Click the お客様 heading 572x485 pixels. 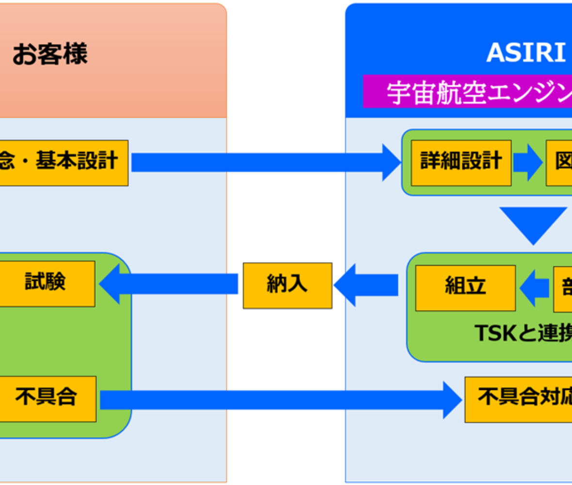click(50, 54)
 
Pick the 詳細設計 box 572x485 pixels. click(461, 162)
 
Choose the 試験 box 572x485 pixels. click(47, 283)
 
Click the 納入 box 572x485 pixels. click(287, 285)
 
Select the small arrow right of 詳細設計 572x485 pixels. click(528, 162)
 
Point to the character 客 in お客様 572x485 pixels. click(50, 54)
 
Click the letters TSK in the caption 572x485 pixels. click(494, 333)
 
